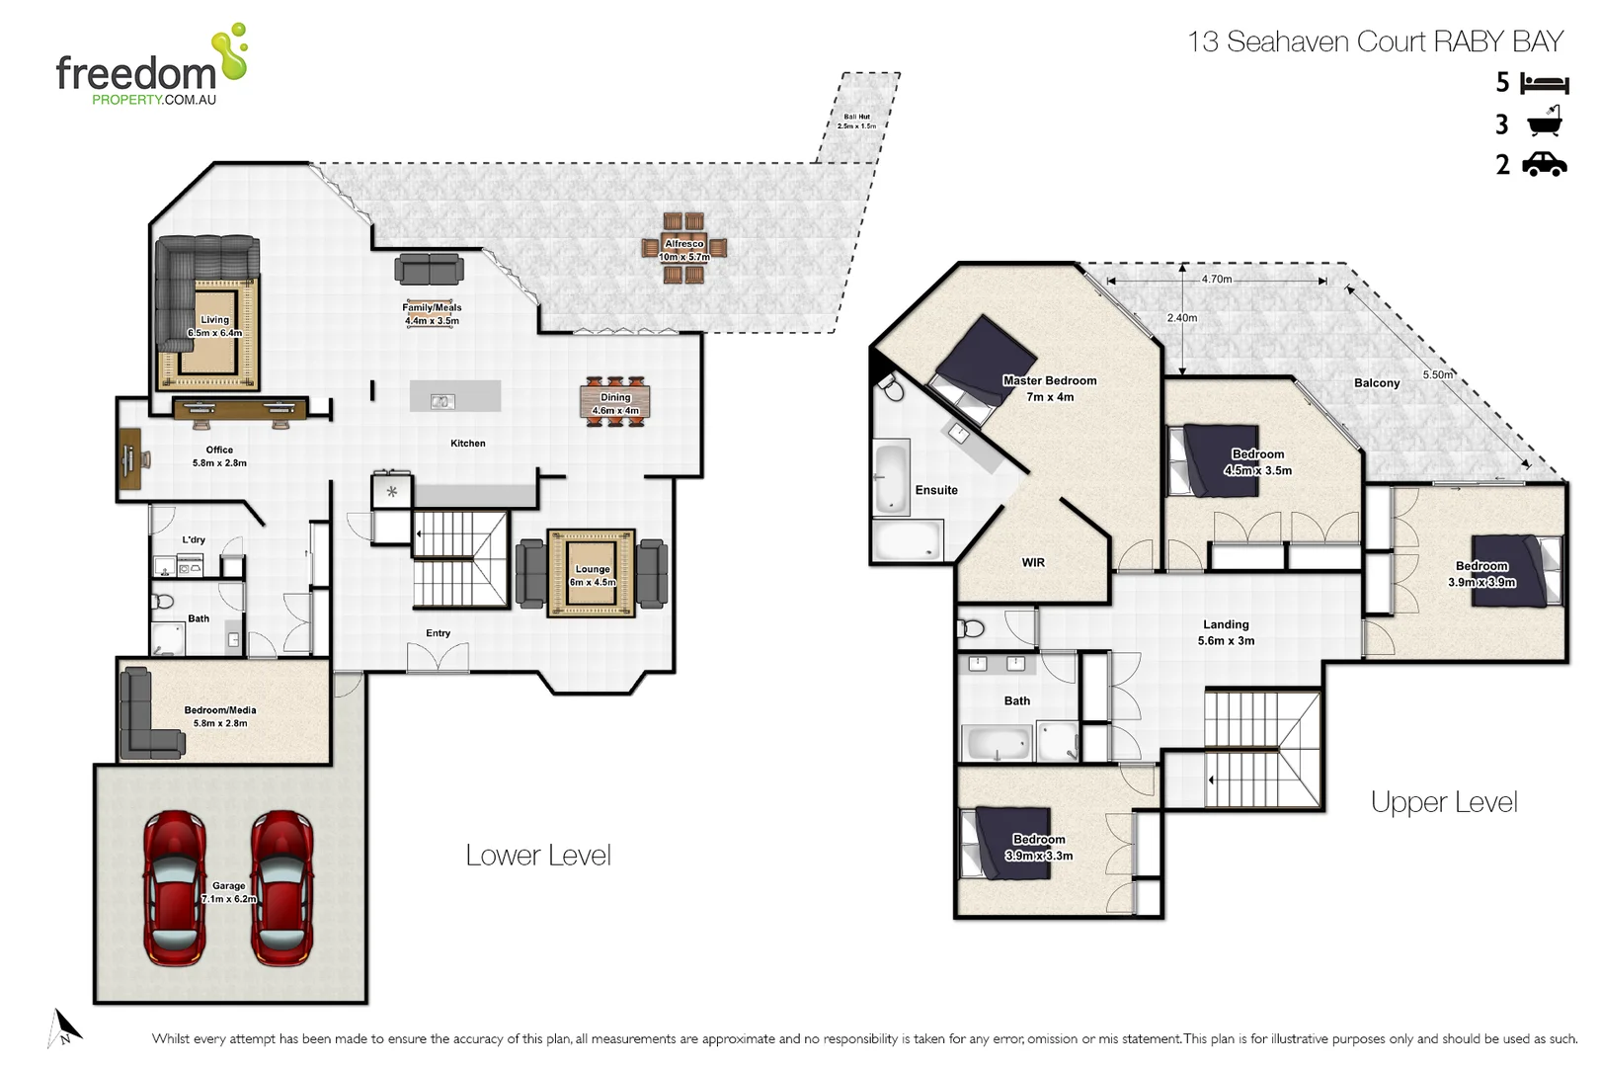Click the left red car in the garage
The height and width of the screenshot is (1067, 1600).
click(175, 887)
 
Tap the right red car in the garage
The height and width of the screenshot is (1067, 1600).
click(281, 887)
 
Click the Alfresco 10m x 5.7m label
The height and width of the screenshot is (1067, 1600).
click(684, 250)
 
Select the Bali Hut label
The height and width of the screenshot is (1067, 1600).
click(856, 122)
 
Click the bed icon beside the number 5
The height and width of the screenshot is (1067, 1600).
click(1545, 83)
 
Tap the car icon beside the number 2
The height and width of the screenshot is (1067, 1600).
click(1545, 164)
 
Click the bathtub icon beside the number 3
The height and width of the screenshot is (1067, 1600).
click(1545, 123)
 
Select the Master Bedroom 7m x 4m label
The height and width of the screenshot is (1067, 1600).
click(1049, 388)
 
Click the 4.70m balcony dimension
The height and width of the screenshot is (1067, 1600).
click(1216, 280)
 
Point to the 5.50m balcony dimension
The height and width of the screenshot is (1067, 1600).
click(1437, 375)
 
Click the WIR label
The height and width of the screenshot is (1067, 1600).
click(1033, 563)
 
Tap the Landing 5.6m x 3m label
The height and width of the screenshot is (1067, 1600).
click(1226, 632)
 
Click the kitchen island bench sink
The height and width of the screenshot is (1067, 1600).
click(442, 401)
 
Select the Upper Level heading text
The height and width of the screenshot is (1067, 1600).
click(1443, 802)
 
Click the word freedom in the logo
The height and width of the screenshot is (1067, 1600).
click(135, 73)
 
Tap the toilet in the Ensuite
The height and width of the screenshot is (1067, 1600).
click(893, 389)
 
